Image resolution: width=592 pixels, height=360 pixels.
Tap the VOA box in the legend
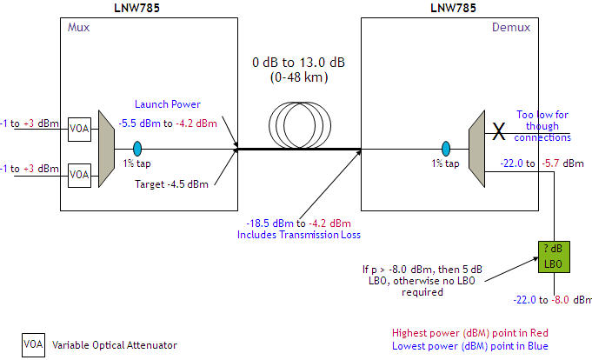(33, 344)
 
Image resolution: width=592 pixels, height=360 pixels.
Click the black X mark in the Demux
(499, 131)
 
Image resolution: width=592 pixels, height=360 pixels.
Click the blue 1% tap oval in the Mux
(136, 148)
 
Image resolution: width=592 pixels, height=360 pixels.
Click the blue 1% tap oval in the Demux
(446, 148)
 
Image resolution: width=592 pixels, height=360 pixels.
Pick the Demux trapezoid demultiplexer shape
(476, 149)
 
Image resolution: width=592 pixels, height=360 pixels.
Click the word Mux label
(78, 28)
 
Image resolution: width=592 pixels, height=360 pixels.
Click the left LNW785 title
(147, 8)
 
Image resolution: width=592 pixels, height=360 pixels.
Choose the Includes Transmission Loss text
(292, 235)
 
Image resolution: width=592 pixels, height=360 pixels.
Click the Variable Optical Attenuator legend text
(115, 345)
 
